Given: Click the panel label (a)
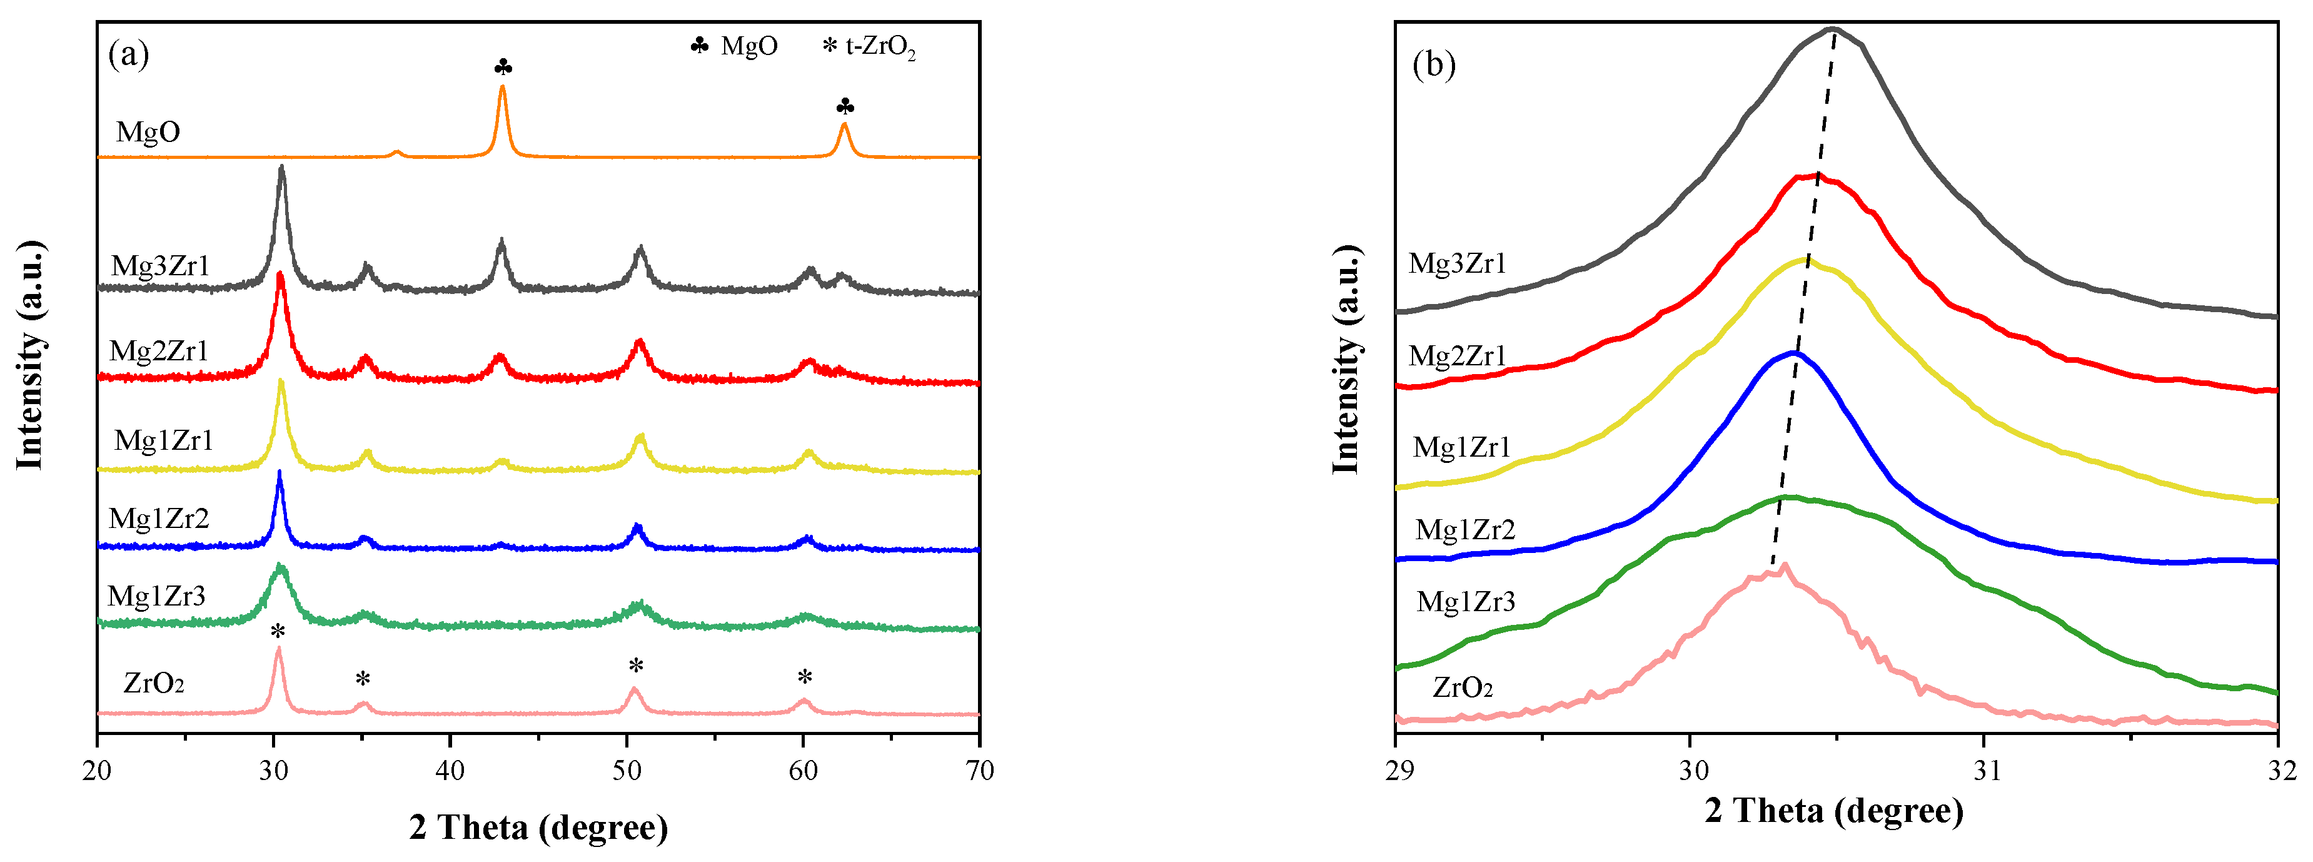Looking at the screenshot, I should [x=128, y=55].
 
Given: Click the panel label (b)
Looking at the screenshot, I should [x=1434, y=64].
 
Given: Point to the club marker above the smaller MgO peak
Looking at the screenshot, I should [x=845, y=108].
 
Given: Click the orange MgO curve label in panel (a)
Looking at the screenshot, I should [x=148, y=132].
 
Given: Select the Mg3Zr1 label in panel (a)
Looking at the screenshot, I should [x=161, y=266].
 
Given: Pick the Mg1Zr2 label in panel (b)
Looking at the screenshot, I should [x=1465, y=530].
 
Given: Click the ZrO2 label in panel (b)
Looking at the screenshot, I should [x=1463, y=688].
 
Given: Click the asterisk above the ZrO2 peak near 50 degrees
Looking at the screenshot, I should [x=636, y=666].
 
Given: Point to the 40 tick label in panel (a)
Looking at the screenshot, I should [x=450, y=771].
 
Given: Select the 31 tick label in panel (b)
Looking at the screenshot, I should [x=1986, y=771].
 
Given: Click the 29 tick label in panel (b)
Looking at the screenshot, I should [x=1398, y=771].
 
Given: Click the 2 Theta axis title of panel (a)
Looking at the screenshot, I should [x=539, y=827].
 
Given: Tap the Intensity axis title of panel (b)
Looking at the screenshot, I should [x=1347, y=359].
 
